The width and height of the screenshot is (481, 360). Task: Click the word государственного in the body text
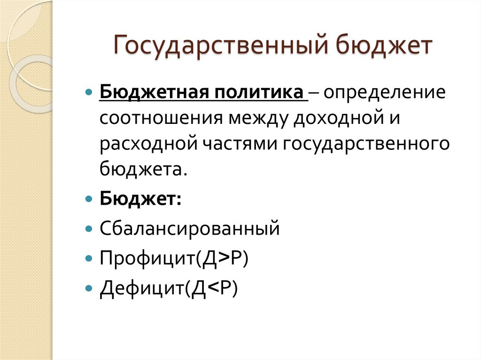(366, 143)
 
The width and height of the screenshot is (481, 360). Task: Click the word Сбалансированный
(189, 229)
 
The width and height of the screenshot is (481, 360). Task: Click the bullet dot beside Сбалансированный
(90, 230)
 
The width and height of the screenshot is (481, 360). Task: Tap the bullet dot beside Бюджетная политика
(90, 92)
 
